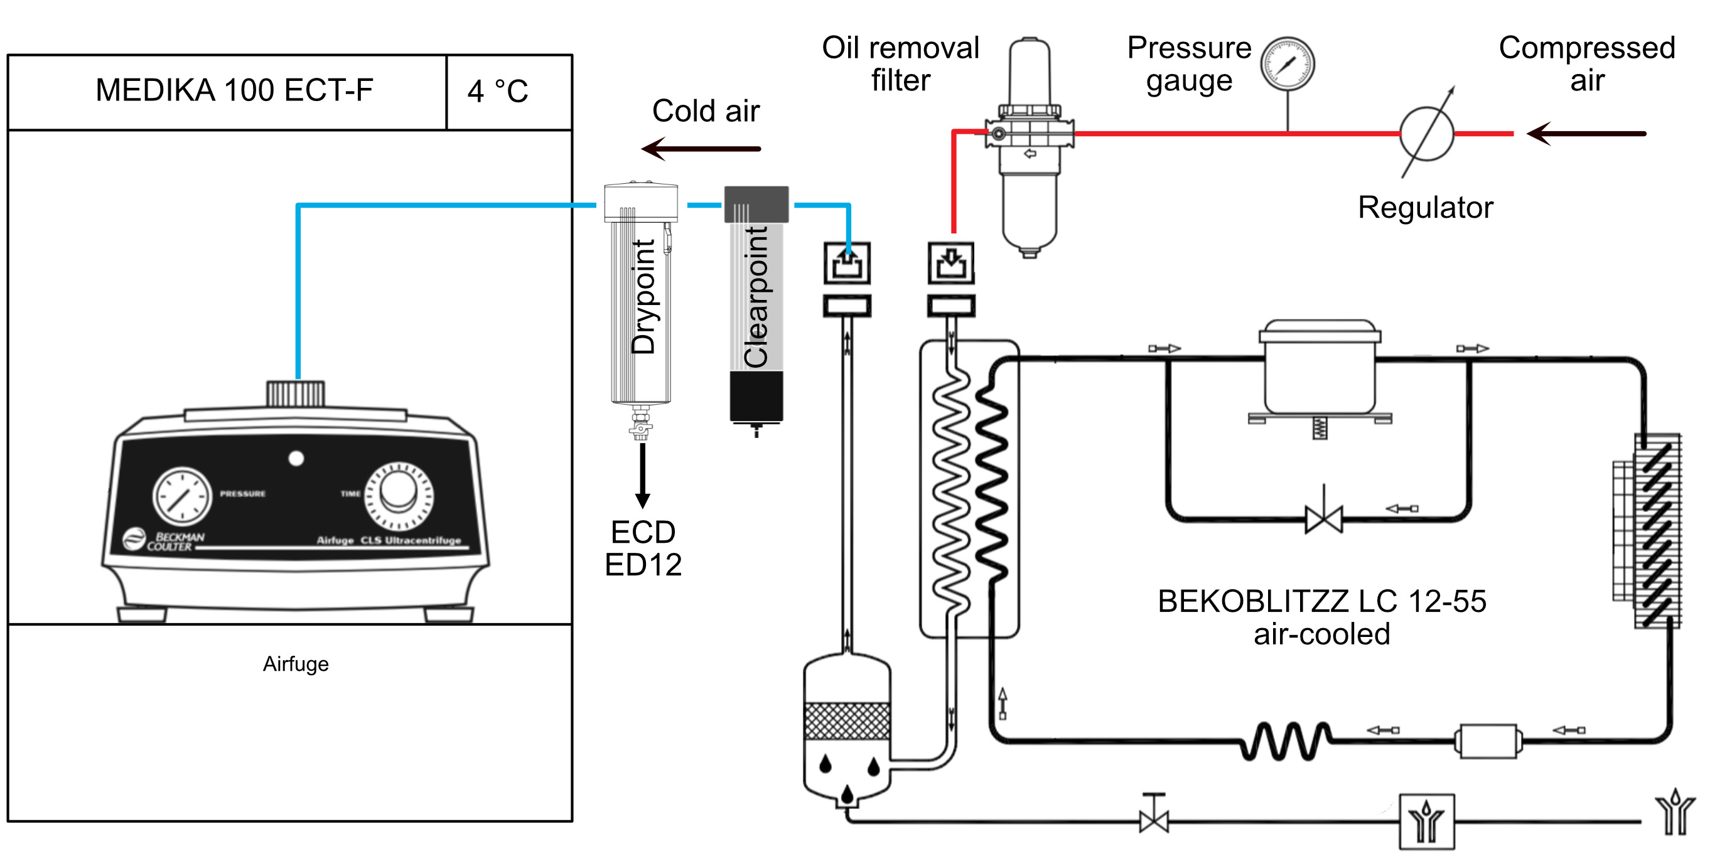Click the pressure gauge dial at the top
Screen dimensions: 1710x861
(1287, 64)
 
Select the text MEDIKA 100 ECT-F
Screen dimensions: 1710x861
(234, 90)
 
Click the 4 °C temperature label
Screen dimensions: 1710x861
(498, 91)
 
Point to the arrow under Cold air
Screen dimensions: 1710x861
(701, 149)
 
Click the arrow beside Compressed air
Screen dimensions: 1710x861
(1586, 134)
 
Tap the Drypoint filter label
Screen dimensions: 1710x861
(643, 296)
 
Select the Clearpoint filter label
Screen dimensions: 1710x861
(755, 297)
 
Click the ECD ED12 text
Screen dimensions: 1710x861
(643, 548)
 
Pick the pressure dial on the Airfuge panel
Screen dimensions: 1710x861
(182, 496)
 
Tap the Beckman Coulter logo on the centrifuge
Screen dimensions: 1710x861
(164, 540)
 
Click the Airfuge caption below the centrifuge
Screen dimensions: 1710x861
(296, 663)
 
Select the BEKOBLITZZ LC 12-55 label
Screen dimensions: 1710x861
(1321, 601)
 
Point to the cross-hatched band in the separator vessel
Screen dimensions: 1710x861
(847, 722)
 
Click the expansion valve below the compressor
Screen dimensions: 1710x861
(1324, 518)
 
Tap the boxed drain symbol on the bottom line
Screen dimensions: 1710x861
(1426, 821)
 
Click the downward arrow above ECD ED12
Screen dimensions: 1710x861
(642, 476)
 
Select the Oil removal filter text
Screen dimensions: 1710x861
(900, 64)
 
